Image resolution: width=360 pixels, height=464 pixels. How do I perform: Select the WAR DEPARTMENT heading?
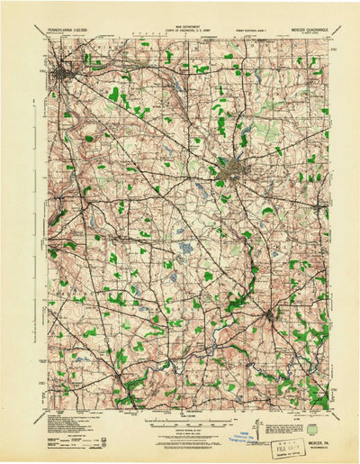pos(180,26)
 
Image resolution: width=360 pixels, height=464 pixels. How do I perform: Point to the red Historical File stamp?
pos(264,433)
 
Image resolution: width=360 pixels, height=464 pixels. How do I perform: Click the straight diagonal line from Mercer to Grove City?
pos(144,119)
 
